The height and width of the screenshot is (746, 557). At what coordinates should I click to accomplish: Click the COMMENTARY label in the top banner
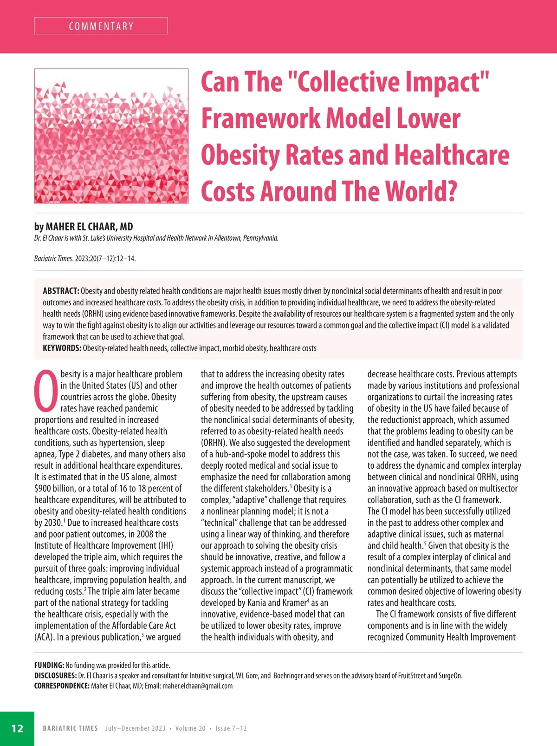101,26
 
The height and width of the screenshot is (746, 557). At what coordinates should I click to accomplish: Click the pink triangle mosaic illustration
111,136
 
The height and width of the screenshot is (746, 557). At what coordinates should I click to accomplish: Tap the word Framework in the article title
260,119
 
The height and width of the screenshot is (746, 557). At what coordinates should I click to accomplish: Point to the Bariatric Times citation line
85,259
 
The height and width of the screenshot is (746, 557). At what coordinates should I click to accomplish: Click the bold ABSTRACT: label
61,291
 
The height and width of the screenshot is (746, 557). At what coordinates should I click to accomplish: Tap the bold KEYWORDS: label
62,348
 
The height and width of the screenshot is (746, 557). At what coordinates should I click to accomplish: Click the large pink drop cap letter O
46,391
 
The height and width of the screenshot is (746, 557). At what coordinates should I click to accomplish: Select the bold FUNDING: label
49,665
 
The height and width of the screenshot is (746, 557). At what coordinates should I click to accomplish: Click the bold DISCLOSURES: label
55,675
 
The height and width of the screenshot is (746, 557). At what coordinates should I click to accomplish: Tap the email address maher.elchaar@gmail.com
197,686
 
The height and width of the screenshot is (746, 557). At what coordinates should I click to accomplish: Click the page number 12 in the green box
17,728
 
